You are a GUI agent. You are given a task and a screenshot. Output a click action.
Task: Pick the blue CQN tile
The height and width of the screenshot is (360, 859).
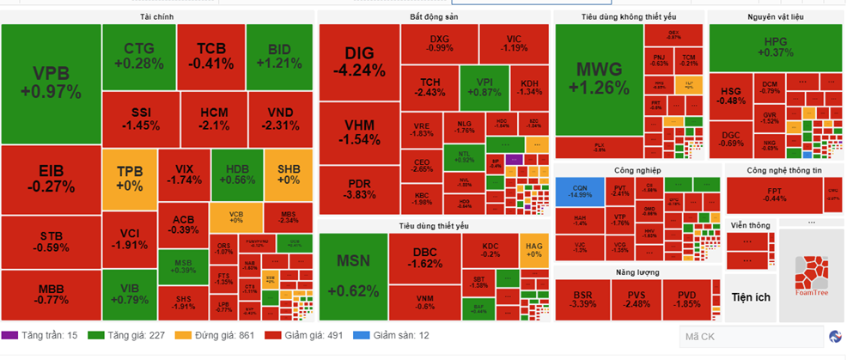click(579, 191)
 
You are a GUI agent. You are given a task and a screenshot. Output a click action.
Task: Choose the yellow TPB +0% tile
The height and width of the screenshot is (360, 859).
click(129, 179)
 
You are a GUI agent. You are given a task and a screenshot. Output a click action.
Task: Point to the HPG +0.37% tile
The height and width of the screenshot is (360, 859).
click(775, 47)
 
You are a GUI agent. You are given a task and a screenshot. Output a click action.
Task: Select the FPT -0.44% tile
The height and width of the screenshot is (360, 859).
click(775, 194)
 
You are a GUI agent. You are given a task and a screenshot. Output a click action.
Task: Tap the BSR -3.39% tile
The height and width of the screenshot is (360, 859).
click(583, 299)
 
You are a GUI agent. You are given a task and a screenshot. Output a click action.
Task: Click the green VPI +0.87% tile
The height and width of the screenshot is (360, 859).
click(486, 87)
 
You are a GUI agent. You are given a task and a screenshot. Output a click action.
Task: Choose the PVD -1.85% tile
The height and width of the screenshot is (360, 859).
click(687, 299)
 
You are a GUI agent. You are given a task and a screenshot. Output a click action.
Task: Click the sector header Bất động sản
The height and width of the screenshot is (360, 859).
click(433, 17)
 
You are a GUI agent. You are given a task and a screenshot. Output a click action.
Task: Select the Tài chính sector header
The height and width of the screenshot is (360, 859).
click(158, 17)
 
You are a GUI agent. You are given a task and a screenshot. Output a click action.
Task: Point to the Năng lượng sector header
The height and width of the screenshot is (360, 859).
click(637, 272)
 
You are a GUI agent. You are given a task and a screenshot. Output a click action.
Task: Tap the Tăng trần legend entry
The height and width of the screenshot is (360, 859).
click(40, 335)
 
